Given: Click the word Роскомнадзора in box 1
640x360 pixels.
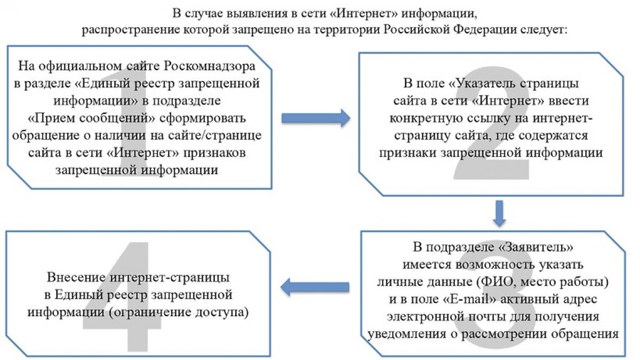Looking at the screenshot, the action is [210, 66].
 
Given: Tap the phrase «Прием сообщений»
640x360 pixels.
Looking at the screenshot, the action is [92, 118].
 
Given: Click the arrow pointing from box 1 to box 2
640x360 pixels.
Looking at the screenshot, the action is [316, 118].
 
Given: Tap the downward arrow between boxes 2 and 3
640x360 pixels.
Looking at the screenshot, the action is [499, 213].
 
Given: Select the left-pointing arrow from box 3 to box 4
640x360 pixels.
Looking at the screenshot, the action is [315, 287].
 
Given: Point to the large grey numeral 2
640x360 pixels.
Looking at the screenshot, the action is [491, 123].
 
